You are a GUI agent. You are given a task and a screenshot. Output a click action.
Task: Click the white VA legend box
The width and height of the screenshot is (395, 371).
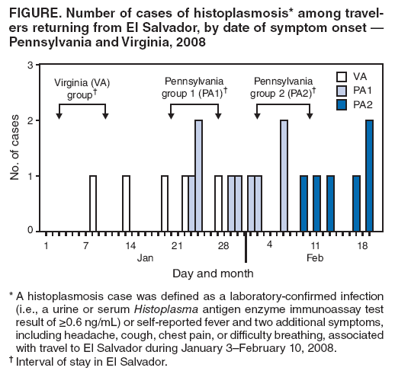coord(342,76)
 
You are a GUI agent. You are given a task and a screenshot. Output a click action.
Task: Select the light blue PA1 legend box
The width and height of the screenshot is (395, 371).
coord(342,90)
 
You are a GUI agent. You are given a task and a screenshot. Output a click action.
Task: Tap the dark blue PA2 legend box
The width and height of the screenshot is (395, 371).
coord(342,104)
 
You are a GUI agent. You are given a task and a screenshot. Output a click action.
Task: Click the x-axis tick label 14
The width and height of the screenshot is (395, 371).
coord(130,245)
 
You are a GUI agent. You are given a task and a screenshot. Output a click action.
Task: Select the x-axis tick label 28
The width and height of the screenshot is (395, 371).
coord(223,245)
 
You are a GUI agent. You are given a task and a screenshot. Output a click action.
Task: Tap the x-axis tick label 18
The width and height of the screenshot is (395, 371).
coord(364,245)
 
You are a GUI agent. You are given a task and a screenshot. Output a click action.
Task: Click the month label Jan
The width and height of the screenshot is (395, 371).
coord(145,258)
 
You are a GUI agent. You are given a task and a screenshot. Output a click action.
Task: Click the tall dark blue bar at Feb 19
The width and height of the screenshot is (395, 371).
coord(370,175)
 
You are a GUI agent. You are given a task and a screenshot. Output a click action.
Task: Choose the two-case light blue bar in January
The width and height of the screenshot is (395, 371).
coord(198,175)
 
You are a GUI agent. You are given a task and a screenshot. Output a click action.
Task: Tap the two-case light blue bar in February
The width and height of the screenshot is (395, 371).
coord(284,175)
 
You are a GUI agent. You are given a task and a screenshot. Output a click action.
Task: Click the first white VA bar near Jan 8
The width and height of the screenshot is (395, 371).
coord(93,203)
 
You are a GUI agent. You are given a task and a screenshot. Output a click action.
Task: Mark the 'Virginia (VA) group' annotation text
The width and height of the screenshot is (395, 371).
coord(79,87)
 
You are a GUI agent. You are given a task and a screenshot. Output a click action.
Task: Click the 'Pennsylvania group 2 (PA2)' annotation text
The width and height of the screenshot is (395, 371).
coord(283,87)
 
